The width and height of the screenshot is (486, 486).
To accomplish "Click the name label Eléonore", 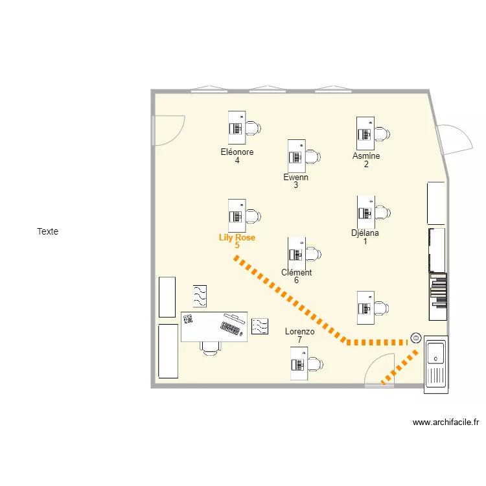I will click(x=237, y=152).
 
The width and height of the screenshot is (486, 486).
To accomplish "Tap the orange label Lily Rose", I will click(x=237, y=238).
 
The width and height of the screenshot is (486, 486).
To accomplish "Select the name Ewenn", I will click(x=296, y=177).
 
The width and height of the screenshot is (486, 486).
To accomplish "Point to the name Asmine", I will click(x=366, y=156).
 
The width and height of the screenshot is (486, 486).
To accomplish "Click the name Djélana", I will click(x=365, y=233).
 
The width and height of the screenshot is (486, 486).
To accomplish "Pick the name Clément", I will click(x=296, y=273).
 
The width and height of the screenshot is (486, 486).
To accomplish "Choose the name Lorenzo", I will click(x=300, y=332).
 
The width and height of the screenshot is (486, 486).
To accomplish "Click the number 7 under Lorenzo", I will click(x=300, y=340).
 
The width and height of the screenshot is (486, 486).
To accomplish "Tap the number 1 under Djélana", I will click(x=365, y=242).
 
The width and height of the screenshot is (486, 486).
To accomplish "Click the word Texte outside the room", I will click(x=48, y=231).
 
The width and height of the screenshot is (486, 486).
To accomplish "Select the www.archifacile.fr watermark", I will click(x=446, y=422).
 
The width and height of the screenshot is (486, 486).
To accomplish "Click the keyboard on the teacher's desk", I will click(x=231, y=328).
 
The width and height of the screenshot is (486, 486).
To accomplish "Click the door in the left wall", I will click(x=167, y=130).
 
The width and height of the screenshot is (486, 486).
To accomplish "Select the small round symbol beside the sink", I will click(x=415, y=338).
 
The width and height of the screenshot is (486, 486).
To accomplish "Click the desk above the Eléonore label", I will click(x=237, y=127).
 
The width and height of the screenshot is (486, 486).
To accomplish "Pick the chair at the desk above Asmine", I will click(x=381, y=133).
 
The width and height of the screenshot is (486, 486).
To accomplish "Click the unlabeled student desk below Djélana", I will click(x=365, y=307).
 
